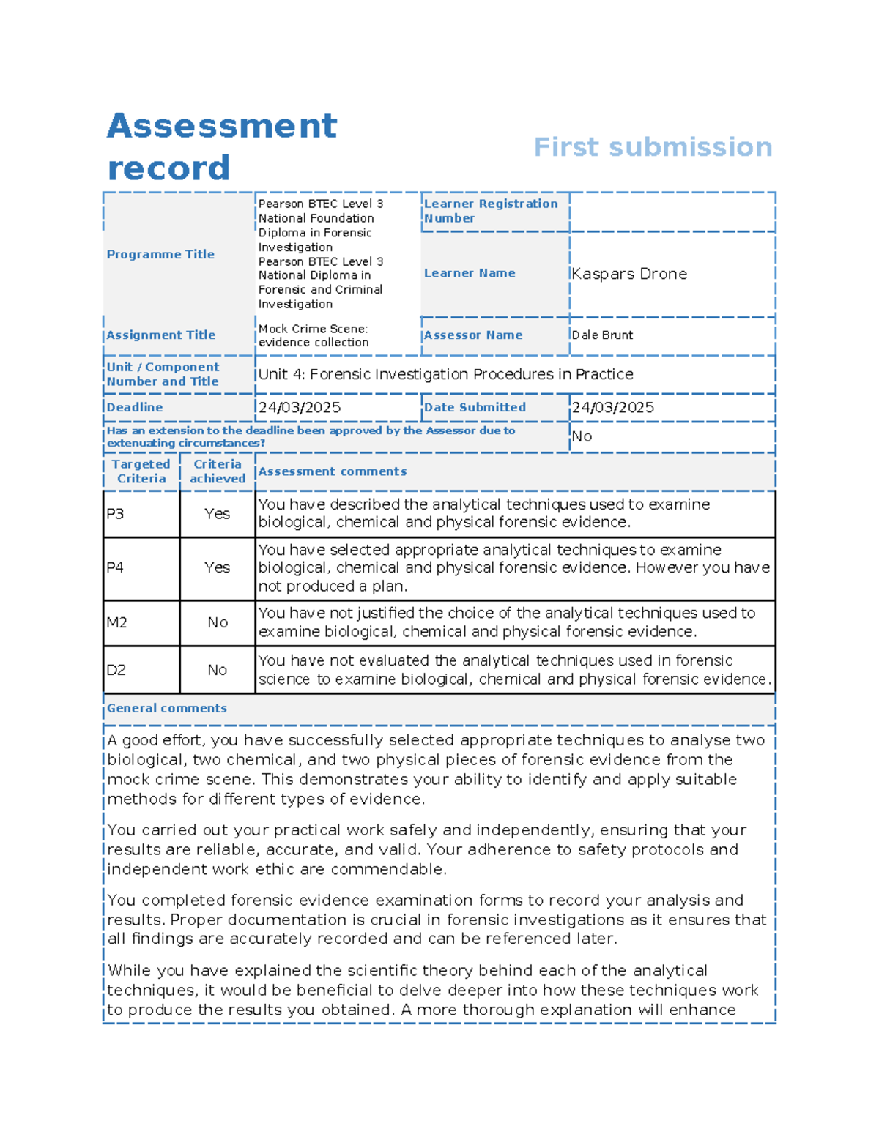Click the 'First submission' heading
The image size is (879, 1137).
tap(653, 147)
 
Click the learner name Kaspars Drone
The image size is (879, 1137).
tap(629, 274)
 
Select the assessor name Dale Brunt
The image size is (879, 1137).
tap(602, 335)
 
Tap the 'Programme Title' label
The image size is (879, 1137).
tap(160, 254)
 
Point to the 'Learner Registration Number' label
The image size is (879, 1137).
tap(490, 211)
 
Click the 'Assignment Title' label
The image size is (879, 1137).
tap(161, 335)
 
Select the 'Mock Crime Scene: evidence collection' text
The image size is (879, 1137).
tap(314, 335)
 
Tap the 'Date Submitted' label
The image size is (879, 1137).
tap(475, 408)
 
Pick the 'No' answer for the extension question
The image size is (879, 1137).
tap(582, 437)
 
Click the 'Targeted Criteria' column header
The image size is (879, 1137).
tap(141, 471)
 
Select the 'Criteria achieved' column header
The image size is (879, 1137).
tap(218, 471)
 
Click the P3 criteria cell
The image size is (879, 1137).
tap(116, 514)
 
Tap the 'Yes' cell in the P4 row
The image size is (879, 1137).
tap(218, 567)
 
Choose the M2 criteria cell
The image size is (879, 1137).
tap(117, 623)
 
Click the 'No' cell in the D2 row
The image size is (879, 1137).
tap(218, 670)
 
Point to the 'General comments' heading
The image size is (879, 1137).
tap(167, 709)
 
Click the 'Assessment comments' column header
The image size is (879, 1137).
tap(333, 472)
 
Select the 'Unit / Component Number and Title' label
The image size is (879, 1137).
tap(163, 374)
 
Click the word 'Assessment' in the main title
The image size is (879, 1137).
tap(222, 126)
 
